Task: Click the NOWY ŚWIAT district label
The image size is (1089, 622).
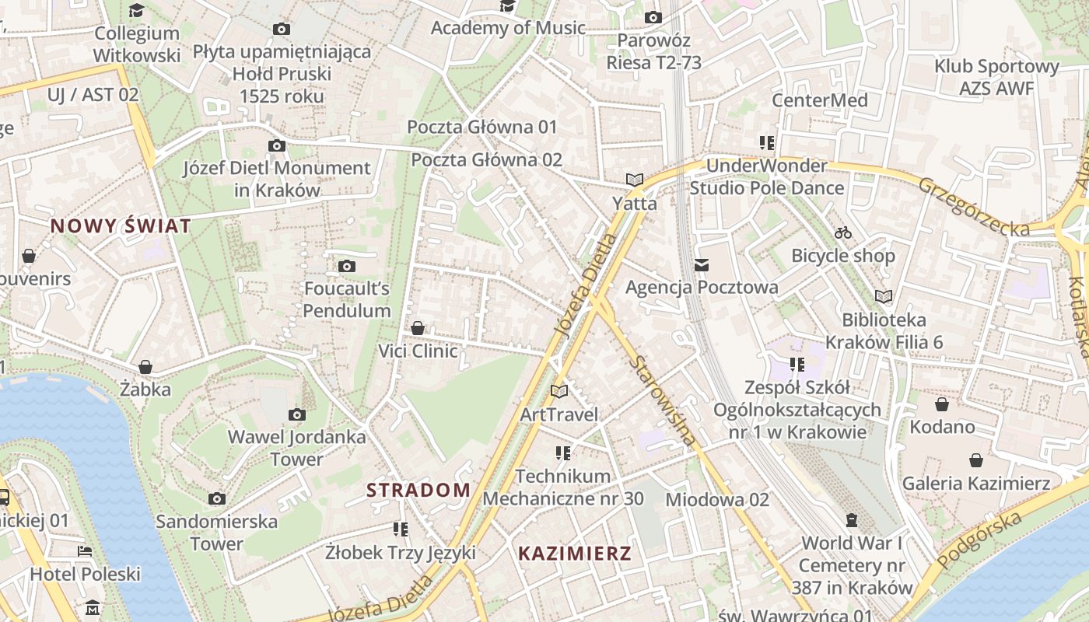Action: point(121,226)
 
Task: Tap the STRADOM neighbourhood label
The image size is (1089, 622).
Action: point(418,490)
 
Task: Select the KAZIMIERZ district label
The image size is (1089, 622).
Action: point(575,554)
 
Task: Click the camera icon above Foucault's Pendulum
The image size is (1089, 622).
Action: point(347,267)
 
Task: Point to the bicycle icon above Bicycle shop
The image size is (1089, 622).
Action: point(842,232)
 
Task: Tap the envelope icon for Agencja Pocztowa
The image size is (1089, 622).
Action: point(702,265)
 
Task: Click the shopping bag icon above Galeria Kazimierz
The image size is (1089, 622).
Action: point(976,460)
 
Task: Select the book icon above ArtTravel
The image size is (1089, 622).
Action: point(559,391)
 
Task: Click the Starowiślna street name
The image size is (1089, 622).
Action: point(664,400)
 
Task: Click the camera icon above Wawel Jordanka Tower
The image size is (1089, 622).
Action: point(297,414)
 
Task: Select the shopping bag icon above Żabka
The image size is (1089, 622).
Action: point(145,366)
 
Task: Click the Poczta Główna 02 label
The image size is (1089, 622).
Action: point(486,159)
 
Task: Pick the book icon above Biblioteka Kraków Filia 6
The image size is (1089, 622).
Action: point(884,296)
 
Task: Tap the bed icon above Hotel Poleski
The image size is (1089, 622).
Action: point(85,551)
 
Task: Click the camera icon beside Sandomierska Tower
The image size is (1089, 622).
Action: point(217,498)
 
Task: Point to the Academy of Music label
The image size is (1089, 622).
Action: point(508,28)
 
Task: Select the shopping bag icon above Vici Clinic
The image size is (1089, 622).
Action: point(418,328)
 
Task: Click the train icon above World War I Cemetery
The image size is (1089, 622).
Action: point(852,519)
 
